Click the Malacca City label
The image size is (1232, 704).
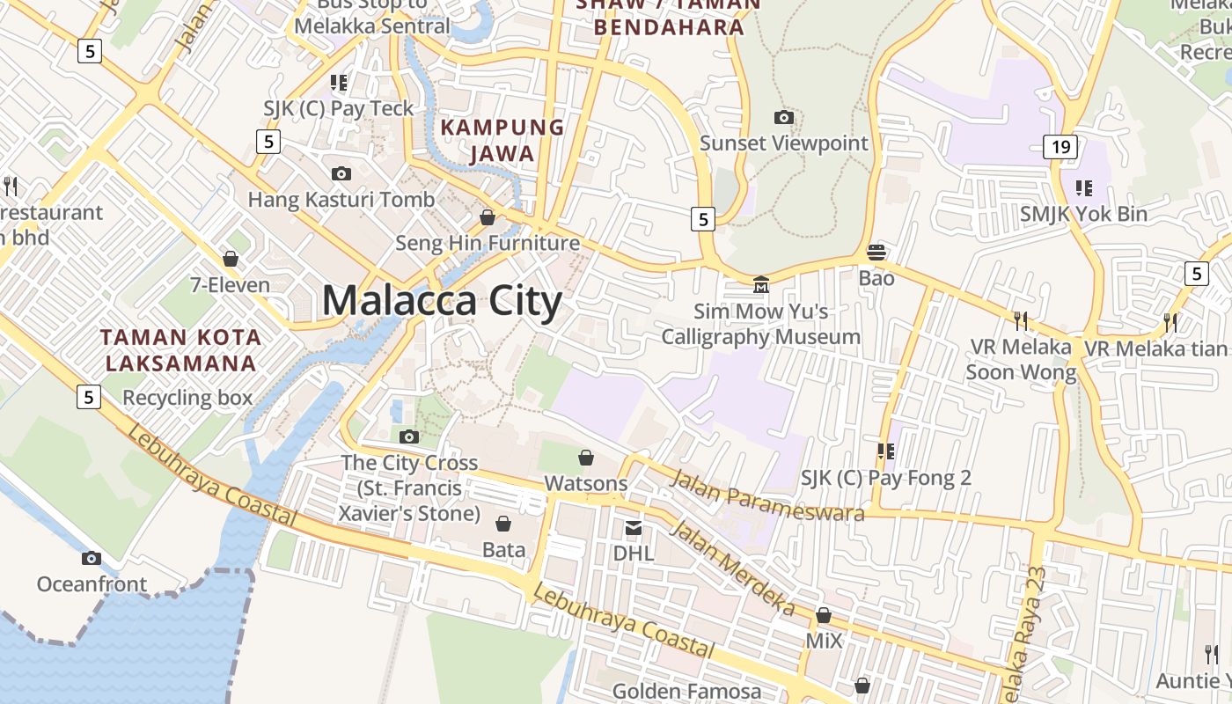tap(442, 301)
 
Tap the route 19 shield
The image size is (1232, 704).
tap(1060, 146)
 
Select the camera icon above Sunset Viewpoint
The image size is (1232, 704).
tap(783, 117)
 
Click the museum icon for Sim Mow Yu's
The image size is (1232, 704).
tap(761, 284)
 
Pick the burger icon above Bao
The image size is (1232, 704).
tap(876, 253)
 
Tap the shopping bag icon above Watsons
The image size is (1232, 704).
tap(586, 458)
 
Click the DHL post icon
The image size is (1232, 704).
tap(634, 527)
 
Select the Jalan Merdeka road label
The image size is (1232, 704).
tap(731, 568)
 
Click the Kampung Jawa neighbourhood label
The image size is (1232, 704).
tap(502, 140)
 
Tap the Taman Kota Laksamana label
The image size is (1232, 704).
tap(180, 349)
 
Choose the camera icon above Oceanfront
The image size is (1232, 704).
tap(92, 558)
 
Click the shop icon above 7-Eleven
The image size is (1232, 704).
tap(231, 259)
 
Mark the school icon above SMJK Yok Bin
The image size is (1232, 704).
tap(1083, 187)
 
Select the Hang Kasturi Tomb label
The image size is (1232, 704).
tap(341, 200)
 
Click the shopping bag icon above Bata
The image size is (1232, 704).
tap(503, 524)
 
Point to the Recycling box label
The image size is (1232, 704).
tap(187, 398)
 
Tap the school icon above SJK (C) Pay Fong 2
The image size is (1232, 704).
tap(885, 451)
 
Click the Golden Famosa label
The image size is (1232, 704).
tap(686, 692)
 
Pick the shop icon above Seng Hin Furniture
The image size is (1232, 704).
tap(488, 217)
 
